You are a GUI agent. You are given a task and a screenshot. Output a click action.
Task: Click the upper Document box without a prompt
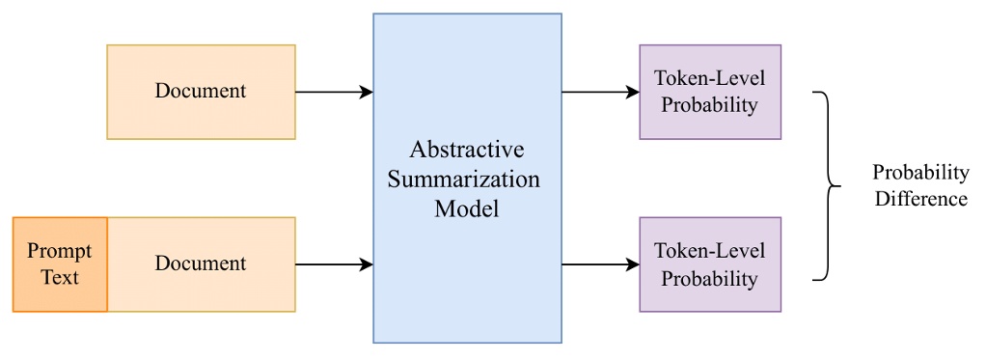point(201,92)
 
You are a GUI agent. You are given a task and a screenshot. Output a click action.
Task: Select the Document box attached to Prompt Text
point(201,263)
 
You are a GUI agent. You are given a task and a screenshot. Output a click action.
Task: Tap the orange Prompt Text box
point(60,263)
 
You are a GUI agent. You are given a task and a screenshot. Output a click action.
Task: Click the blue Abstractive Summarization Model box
point(467,179)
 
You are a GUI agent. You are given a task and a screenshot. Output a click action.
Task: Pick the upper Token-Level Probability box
point(709,92)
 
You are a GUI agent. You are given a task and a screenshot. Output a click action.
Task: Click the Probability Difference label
point(919,185)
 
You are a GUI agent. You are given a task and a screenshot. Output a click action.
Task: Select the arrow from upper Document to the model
point(334,92)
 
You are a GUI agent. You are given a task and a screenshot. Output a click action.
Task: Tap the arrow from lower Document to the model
point(334,263)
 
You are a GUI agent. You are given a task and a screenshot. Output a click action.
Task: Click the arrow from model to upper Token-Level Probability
point(600,92)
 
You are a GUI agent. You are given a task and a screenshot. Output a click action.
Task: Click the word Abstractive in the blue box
point(467,151)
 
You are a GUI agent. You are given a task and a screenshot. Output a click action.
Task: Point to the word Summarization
point(467,180)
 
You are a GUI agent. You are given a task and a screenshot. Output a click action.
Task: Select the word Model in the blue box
point(467,208)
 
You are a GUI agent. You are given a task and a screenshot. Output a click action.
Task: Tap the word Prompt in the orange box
point(60,251)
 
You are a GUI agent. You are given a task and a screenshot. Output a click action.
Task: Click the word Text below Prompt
point(60,277)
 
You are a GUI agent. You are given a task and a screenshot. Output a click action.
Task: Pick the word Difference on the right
point(919,199)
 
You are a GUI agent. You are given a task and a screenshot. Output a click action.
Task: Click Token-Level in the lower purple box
point(709,251)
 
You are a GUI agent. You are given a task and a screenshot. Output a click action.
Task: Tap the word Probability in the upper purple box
point(709,105)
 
